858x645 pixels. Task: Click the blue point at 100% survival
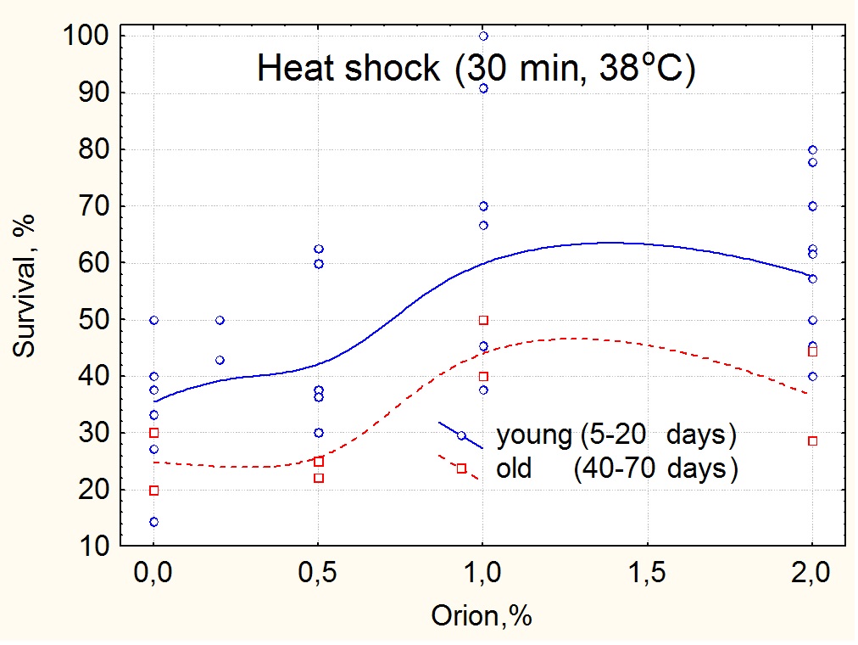click(x=483, y=36)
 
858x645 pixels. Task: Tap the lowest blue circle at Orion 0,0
click(x=153, y=522)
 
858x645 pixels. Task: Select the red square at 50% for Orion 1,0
click(x=483, y=320)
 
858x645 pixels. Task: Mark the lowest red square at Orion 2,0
click(x=812, y=440)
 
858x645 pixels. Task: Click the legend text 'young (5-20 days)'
click(x=616, y=435)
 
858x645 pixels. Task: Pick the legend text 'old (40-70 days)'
click(x=616, y=468)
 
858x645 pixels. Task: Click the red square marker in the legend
click(x=461, y=468)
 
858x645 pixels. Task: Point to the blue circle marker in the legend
click(x=461, y=435)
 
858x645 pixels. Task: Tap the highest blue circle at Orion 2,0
click(x=812, y=150)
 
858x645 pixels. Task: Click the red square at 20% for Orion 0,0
click(x=153, y=490)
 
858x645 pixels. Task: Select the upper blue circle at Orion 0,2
click(x=220, y=320)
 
